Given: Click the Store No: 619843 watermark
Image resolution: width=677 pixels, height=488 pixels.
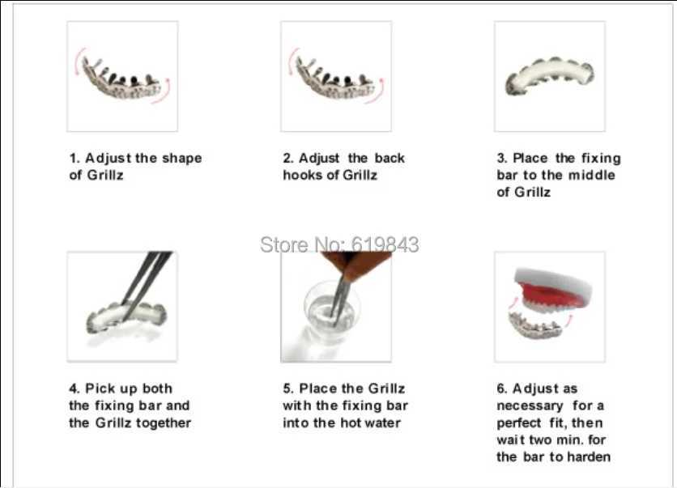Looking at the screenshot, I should point(339,244).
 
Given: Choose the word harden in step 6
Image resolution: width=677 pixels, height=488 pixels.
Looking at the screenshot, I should point(589,456).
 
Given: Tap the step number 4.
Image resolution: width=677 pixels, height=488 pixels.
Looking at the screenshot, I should point(73,388).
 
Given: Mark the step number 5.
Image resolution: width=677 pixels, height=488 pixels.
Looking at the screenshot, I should point(287,388).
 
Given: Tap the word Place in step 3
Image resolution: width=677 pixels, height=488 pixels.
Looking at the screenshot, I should point(530,158).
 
